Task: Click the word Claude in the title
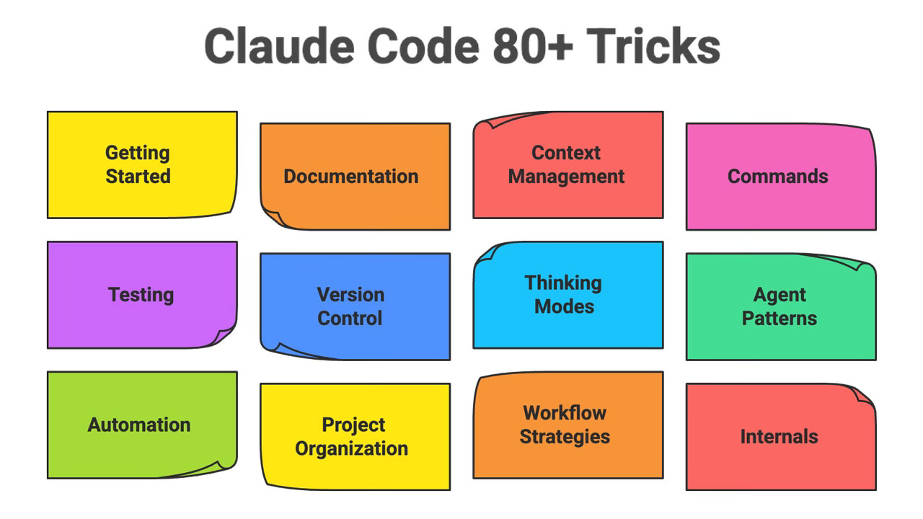[278, 48]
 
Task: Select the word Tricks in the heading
[653, 48]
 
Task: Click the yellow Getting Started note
[141, 164]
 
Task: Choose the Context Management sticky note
[568, 164]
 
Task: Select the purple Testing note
[141, 295]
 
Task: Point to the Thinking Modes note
[568, 295]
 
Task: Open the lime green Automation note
[141, 425]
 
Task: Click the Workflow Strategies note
[568, 425]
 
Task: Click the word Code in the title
[422, 48]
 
